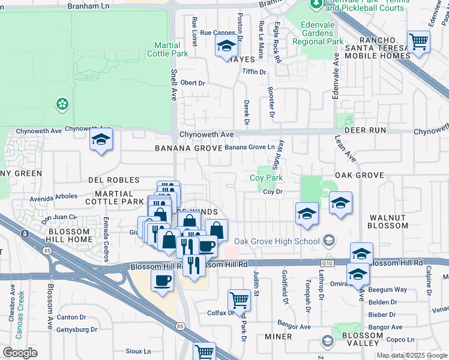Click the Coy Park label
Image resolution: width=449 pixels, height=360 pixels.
click(266, 178)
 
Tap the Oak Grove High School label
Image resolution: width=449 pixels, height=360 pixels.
click(277, 241)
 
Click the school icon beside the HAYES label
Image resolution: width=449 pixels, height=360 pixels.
click(226, 46)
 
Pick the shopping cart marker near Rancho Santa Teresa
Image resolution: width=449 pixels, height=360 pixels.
click(418, 41)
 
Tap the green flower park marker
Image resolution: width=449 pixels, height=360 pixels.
click(61, 104)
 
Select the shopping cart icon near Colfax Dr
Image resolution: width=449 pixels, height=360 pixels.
click(239, 299)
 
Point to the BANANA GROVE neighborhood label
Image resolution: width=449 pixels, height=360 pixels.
click(184, 148)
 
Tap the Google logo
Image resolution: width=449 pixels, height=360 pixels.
click(20, 353)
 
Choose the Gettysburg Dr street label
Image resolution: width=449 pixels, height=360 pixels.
click(76, 330)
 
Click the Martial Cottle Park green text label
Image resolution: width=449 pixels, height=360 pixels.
click(171, 49)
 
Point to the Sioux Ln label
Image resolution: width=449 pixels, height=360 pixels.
click(138, 351)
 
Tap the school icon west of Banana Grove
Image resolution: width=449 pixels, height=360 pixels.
click(101, 142)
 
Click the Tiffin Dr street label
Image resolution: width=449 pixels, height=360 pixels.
click(254, 72)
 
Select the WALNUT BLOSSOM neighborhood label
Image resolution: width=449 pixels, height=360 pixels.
click(388, 221)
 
